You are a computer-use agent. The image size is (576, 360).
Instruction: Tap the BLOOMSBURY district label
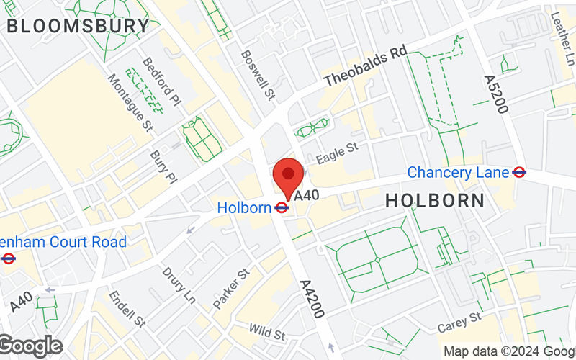[x=78, y=27]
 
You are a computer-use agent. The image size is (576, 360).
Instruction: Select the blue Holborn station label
[x=243, y=207]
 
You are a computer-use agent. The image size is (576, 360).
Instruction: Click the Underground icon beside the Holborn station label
[x=282, y=208]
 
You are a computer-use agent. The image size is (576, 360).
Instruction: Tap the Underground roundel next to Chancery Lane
[x=519, y=173]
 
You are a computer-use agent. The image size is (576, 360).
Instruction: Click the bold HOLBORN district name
[x=435, y=201]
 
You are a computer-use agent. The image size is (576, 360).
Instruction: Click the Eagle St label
[x=338, y=153]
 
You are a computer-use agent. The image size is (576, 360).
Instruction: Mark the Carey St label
[x=459, y=322]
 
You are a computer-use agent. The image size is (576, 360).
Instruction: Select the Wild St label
[x=267, y=332]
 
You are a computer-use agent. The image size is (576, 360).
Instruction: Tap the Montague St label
[x=131, y=102]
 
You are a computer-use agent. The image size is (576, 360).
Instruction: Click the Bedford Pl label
[x=159, y=84]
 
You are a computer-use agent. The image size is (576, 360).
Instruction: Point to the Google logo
[x=30, y=346]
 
